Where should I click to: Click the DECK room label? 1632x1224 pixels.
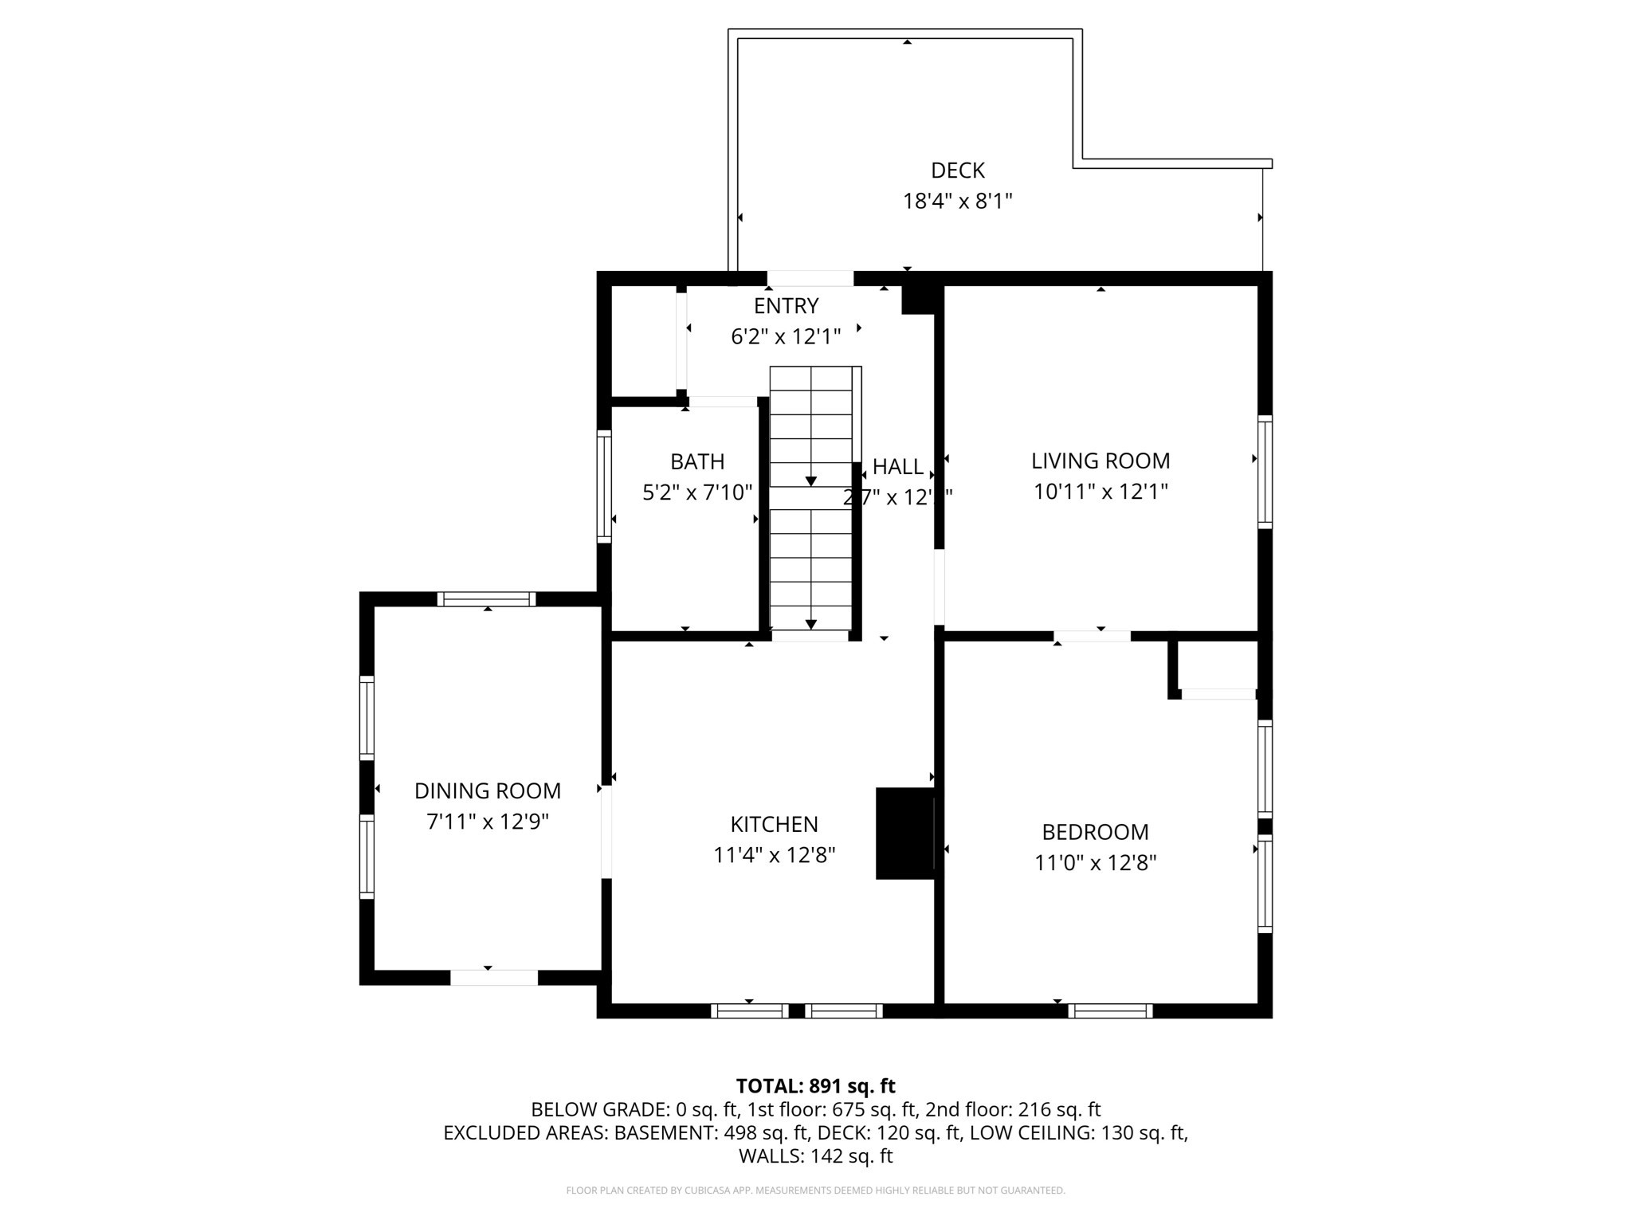click(957, 171)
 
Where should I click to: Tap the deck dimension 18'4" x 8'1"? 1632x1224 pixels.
click(957, 202)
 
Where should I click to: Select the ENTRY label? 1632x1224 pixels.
click(786, 306)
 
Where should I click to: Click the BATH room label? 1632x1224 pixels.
click(697, 462)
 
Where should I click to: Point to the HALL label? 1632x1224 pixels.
click(898, 467)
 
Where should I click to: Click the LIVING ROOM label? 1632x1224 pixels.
click(1100, 461)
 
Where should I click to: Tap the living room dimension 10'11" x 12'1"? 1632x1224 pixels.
click(1100, 492)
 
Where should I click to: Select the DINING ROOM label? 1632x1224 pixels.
click(488, 791)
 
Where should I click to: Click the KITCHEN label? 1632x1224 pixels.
click(774, 824)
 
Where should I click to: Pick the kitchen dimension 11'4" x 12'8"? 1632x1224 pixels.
click(774, 856)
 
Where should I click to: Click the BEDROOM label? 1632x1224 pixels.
click(1095, 832)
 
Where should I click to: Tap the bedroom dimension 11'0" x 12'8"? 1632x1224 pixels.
click(1095, 863)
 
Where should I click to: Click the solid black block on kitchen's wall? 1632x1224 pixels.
click(904, 834)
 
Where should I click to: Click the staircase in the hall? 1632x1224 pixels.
click(811, 502)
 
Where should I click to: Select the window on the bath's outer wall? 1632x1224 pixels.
click(604, 487)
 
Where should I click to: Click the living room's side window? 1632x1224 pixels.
click(1265, 472)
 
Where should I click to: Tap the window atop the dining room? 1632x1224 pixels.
click(486, 599)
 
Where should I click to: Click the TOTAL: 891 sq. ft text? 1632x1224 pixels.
click(815, 1086)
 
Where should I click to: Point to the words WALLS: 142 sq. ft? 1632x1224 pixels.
click(815, 1156)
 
